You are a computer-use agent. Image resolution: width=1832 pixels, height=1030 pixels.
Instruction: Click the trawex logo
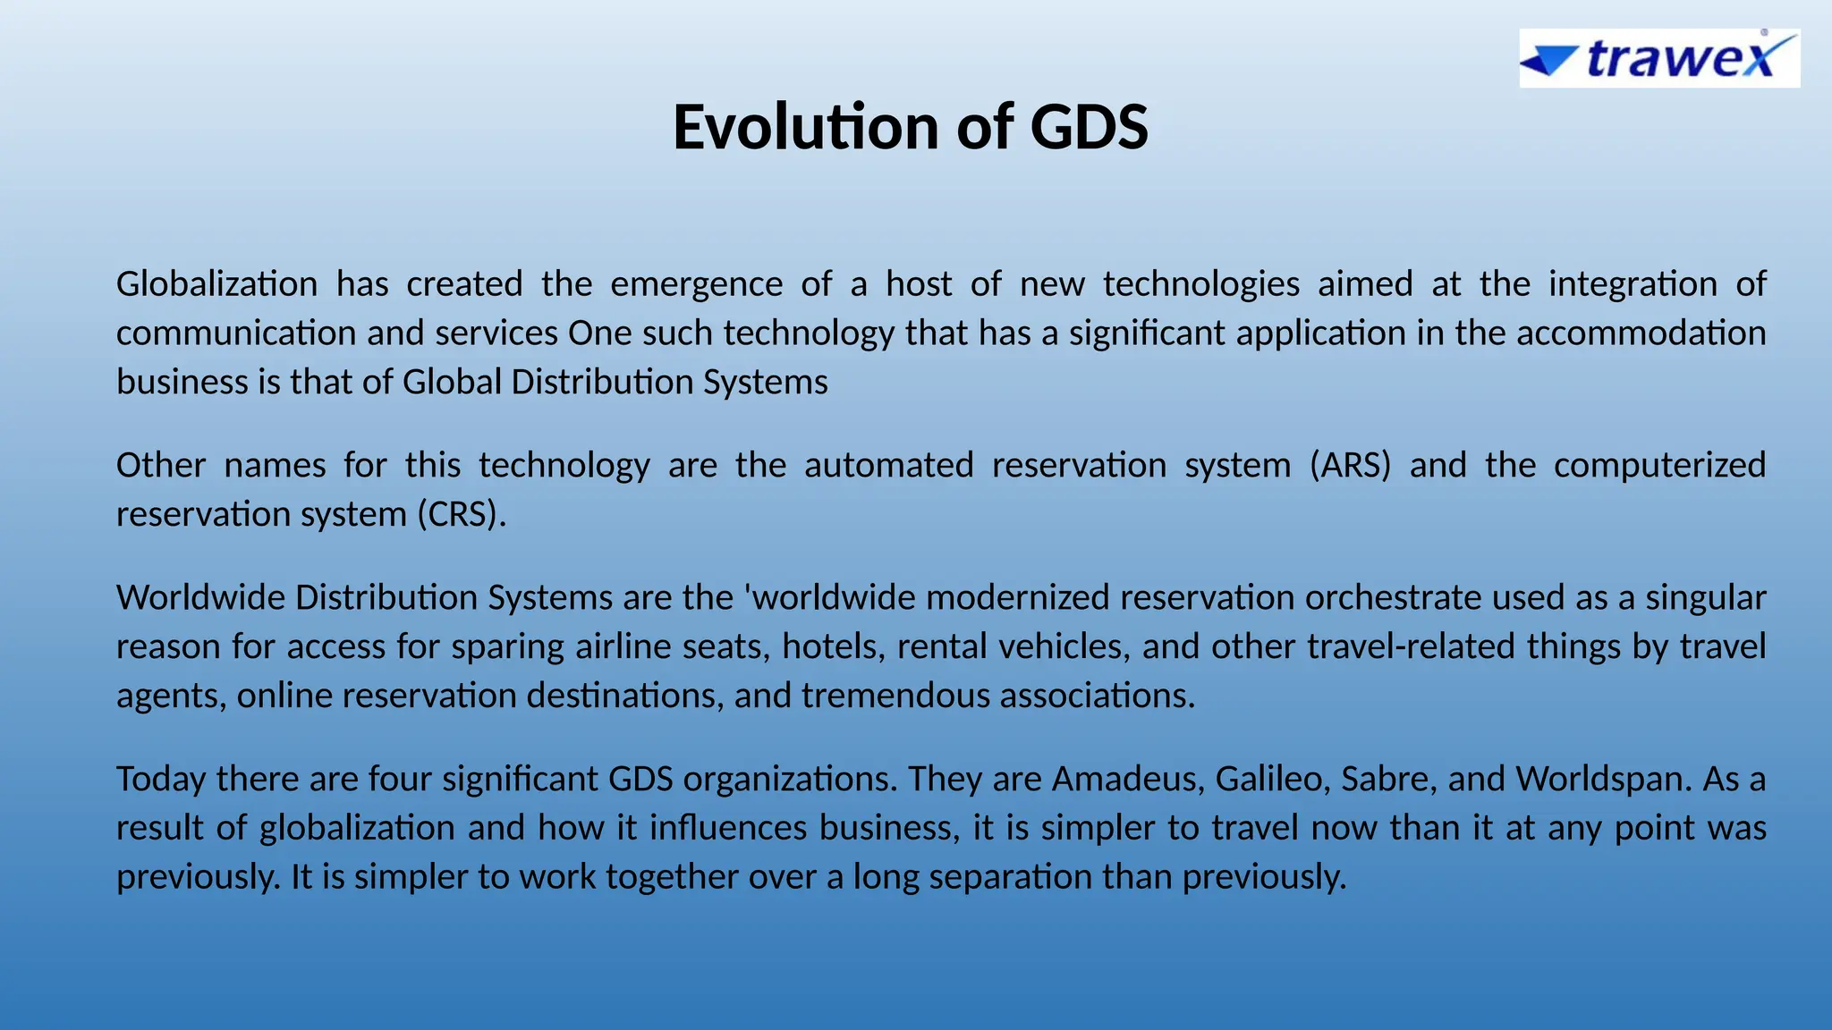1659,58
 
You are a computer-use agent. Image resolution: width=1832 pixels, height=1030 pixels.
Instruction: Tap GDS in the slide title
1089,127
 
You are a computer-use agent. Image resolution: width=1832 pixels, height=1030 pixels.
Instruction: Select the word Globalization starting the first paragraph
216,284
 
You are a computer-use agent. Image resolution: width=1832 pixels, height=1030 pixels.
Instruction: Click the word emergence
696,284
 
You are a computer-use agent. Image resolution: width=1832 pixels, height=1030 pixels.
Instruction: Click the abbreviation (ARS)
1350,466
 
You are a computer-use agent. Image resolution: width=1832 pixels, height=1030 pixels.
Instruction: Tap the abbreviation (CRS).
462,515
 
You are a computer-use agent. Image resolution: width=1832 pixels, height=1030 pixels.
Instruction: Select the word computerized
1659,466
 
